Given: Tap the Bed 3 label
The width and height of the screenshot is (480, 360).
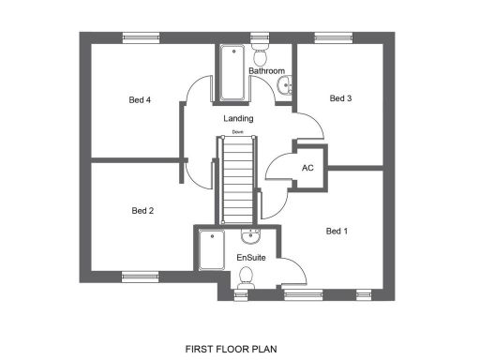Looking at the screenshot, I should [x=340, y=97].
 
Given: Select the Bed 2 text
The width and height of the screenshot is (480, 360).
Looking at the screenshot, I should [x=142, y=211].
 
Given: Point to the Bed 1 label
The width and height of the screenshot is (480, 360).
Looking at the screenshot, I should [x=337, y=231].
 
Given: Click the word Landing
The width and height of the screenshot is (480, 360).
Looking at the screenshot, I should [x=238, y=119].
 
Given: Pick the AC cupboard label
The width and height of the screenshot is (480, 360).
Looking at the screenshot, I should [x=307, y=169].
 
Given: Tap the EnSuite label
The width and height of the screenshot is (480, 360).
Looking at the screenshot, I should [x=249, y=256].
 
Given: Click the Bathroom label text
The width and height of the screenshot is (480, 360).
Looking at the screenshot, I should [x=266, y=71].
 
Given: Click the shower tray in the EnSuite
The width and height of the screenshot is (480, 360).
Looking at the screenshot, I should [x=209, y=259].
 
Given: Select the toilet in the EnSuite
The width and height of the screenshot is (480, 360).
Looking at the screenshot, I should [x=247, y=277].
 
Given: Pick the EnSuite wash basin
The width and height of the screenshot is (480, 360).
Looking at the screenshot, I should [x=249, y=235].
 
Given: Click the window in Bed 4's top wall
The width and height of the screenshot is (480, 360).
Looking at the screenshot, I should [x=141, y=37].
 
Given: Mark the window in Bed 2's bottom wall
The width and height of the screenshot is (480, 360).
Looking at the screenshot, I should [x=141, y=276].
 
